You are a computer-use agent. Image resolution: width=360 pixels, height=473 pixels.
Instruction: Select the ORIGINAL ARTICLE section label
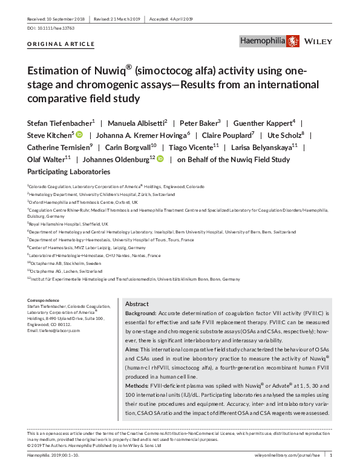(x=61, y=44)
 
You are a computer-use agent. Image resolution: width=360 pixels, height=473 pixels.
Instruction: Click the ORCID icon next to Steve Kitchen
(x=79, y=135)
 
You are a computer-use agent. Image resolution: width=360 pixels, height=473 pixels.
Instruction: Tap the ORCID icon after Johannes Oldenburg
(x=160, y=160)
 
